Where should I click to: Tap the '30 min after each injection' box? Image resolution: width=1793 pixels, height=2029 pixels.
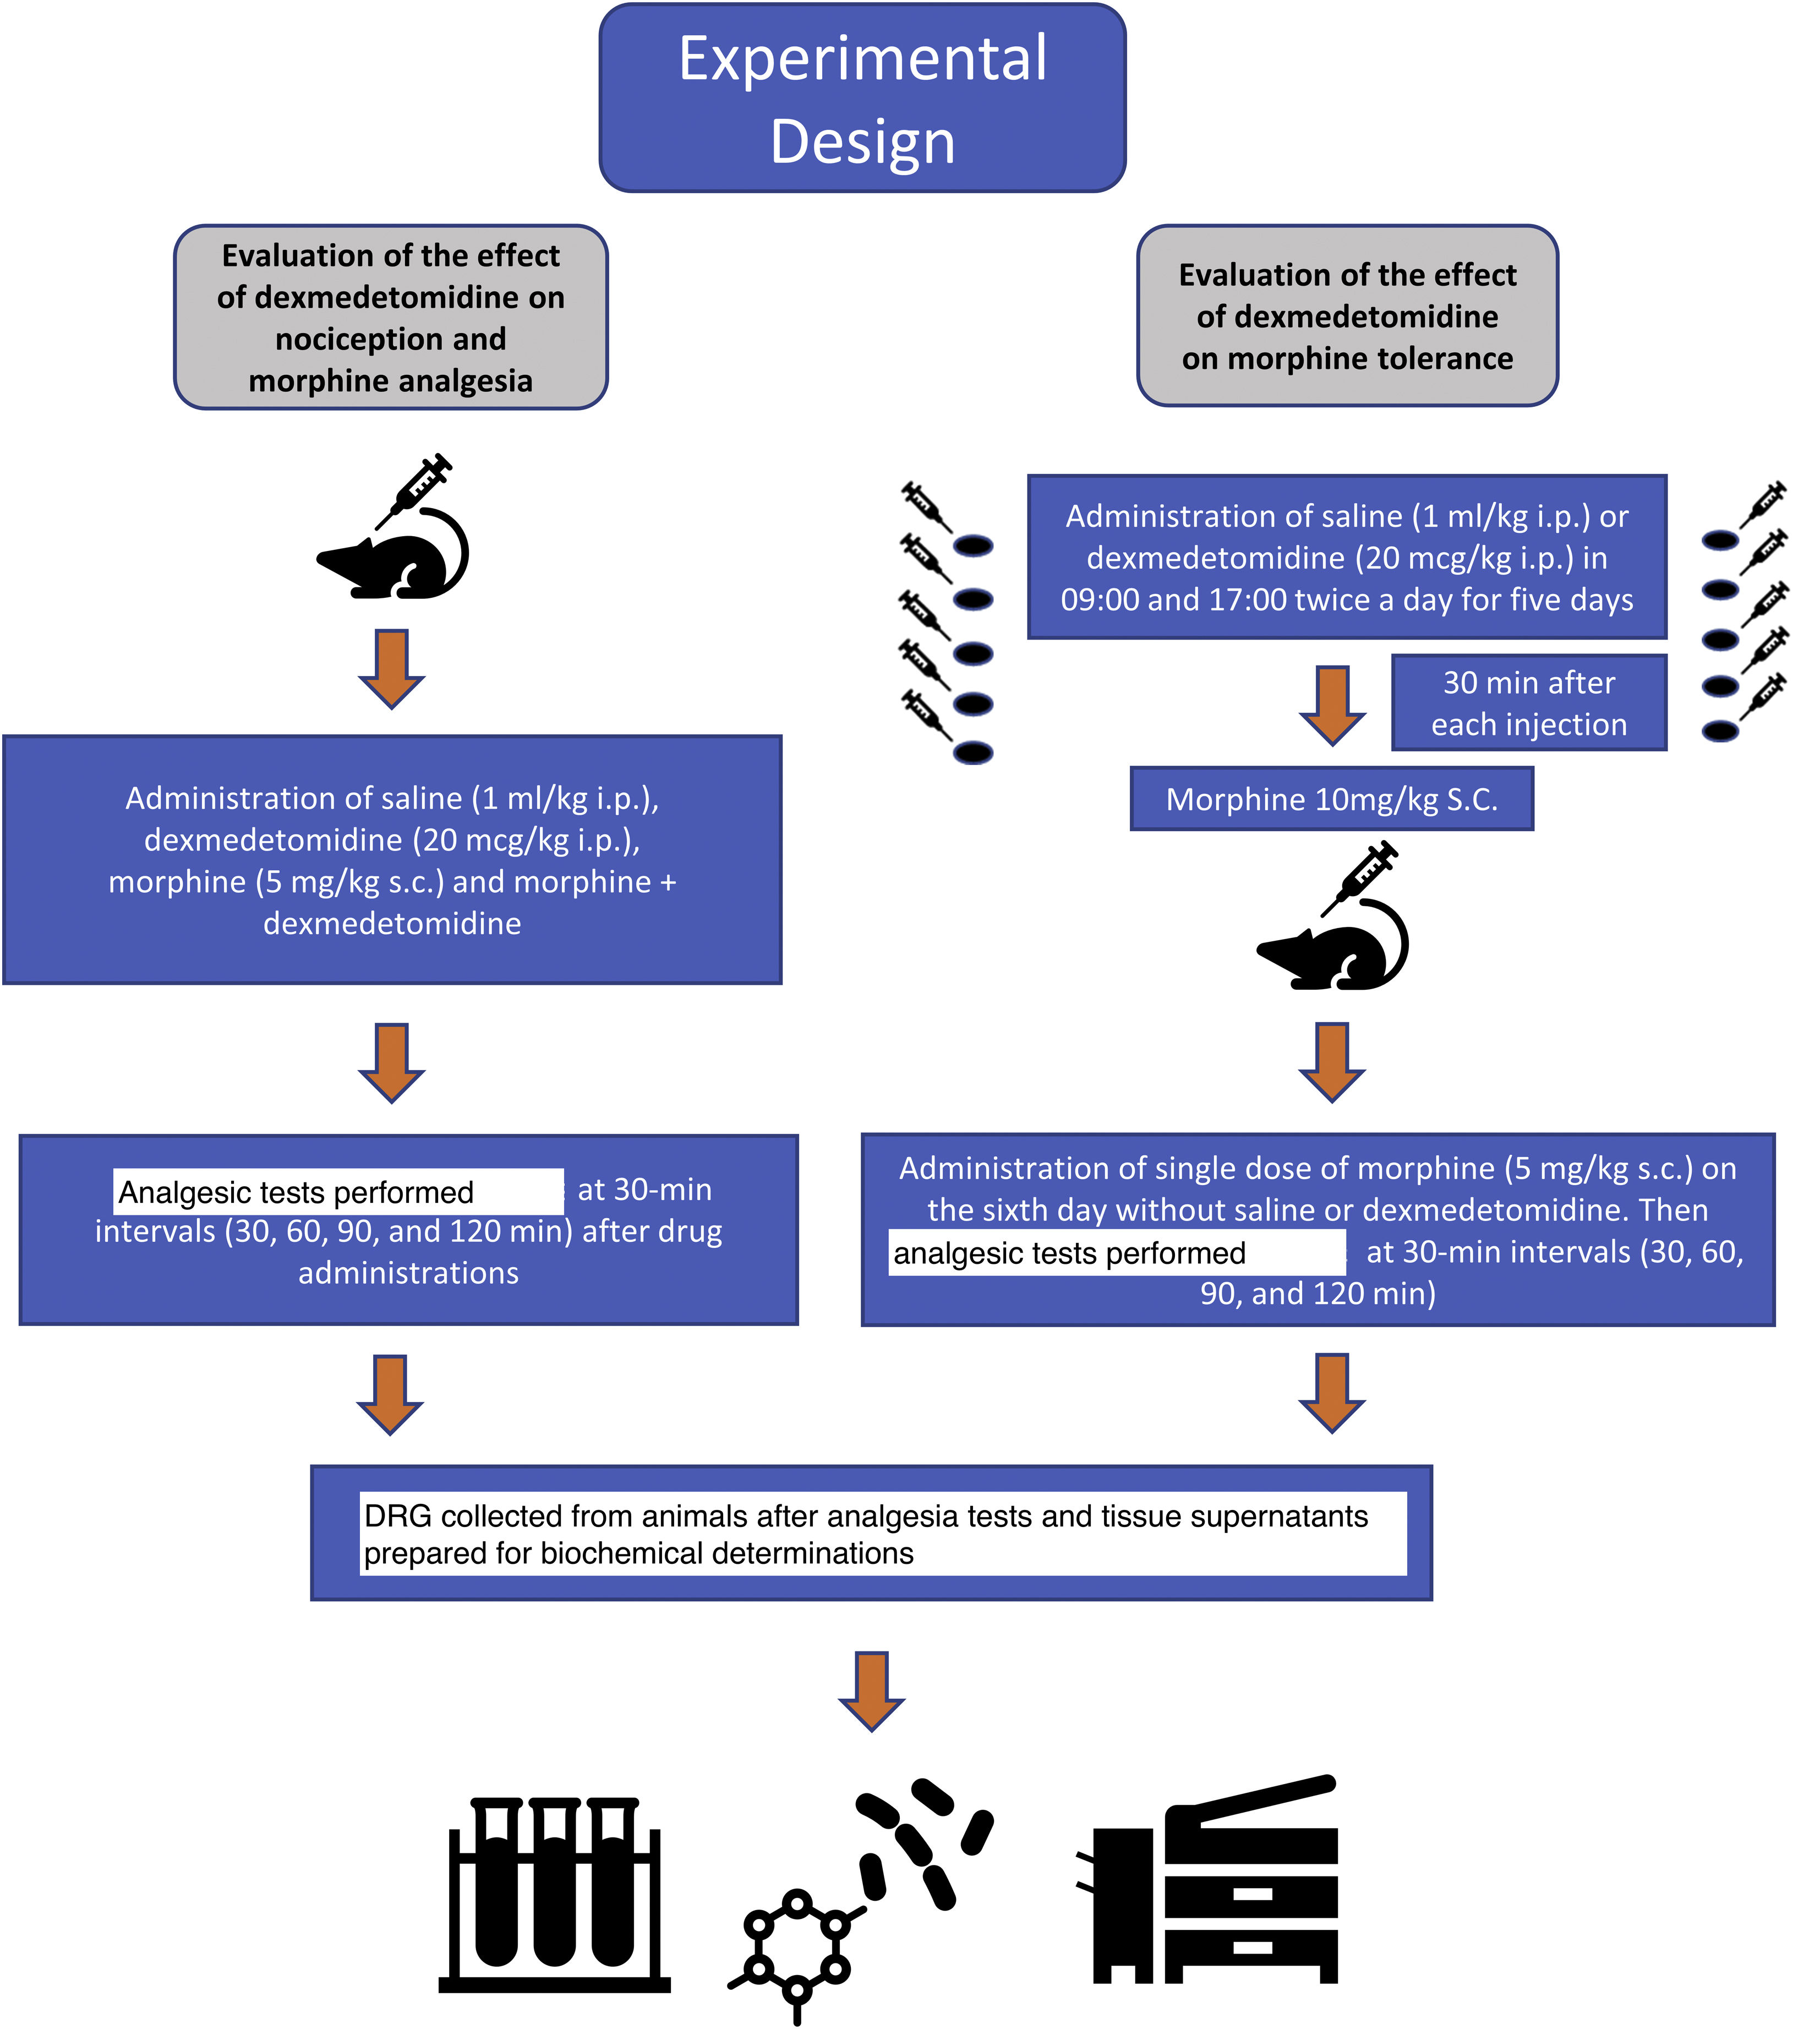[x=1528, y=703]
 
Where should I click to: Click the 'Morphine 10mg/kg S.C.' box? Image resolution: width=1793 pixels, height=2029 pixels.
[x=1331, y=799]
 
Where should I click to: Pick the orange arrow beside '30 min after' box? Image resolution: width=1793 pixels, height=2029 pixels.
[x=1332, y=704]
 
